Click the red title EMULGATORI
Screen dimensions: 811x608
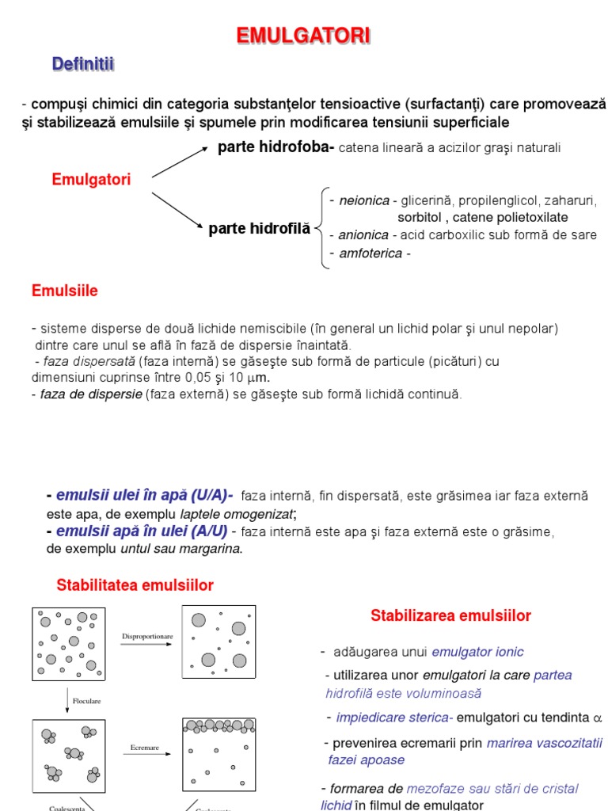point(303,36)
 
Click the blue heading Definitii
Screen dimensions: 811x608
point(83,63)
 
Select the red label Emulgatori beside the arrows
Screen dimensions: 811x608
point(91,180)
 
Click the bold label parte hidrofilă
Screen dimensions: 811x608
point(259,230)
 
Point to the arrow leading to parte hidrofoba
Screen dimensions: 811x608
point(181,162)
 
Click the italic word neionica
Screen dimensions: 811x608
point(364,200)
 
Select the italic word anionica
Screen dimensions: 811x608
point(363,235)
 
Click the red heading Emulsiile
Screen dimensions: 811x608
point(65,291)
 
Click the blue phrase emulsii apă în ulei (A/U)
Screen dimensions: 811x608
point(142,531)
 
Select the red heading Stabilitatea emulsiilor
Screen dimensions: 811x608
point(135,585)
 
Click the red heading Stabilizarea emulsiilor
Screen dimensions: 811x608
point(450,615)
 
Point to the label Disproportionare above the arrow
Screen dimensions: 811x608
point(147,636)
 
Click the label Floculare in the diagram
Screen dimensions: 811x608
point(87,701)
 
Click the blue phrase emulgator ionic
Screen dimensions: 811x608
point(477,652)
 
